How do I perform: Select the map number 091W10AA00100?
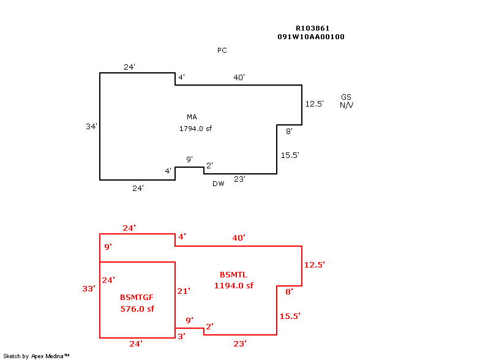[310, 37]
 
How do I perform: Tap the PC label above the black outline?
[222, 50]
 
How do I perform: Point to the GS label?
[347, 97]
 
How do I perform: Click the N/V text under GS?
[347, 105]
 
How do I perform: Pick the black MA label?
[192, 117]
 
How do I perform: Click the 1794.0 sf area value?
[195, 129]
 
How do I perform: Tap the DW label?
[219, 184]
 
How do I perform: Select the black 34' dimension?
[92, 127]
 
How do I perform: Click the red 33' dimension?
[89, 288]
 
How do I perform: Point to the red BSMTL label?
[234, 274]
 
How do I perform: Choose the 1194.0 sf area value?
[234, 285]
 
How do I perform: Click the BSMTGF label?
[137, 297]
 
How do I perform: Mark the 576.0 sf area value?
[137, 309]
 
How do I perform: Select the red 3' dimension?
[181, 336]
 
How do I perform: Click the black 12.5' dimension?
[315, 104]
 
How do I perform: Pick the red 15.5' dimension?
[290, 316]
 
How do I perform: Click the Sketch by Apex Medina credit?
[36, 356]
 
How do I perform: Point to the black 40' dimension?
[239, 78]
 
